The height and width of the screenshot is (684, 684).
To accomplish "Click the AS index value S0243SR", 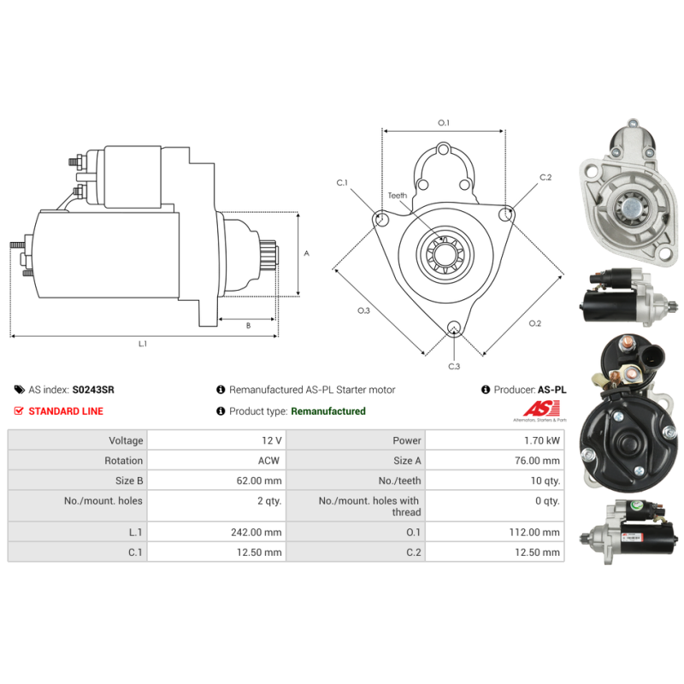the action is (93, 390).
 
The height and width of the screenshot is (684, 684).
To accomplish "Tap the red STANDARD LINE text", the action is (66, 411).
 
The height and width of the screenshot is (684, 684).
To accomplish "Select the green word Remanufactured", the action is (328, 411).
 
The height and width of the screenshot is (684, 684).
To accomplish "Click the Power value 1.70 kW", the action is (542, 440).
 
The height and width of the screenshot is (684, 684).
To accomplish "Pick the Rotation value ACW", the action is (268, 461).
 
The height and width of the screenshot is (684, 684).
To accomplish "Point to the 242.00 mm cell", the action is (256, 532).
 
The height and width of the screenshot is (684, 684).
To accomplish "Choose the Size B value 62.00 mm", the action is (259, 481).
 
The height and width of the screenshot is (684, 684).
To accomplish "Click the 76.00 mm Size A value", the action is (537, 461).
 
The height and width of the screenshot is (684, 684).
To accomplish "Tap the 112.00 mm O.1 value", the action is (534, 532).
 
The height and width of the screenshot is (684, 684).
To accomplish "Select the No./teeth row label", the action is (399, 481).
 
